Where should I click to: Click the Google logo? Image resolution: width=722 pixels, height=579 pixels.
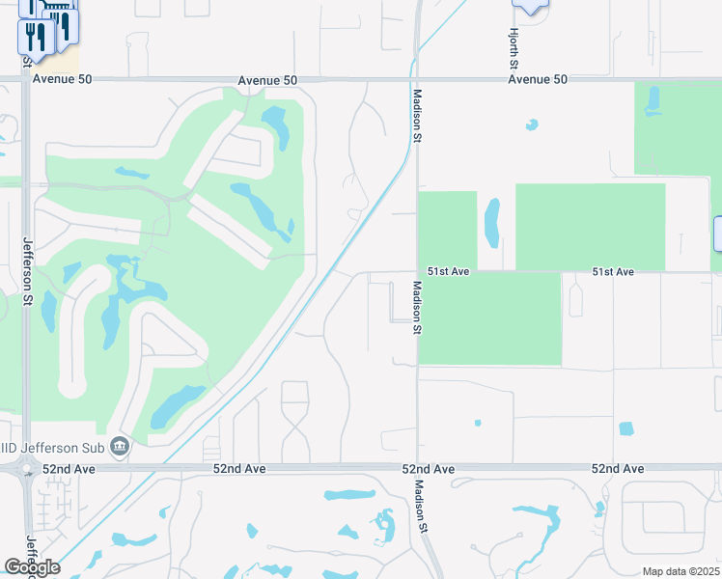pos(31,567)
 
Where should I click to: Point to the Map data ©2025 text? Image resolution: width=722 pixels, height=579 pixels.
pos(680,571)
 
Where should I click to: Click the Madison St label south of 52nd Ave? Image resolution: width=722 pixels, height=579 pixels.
pos(420,507)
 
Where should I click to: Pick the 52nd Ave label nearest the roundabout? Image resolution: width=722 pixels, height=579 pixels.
pos(69,469)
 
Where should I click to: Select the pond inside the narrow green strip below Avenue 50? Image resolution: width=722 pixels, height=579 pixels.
pos(653,99)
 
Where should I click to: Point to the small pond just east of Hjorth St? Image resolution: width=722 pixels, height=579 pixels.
pos(531,124)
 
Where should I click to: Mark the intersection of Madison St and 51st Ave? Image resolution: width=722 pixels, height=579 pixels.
pos(417,272)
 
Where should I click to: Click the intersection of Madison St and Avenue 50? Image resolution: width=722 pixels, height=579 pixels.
pos(415,80)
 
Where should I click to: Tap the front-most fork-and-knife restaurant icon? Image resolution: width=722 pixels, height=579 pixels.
pos(32,38)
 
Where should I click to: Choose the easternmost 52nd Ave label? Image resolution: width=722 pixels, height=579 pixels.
pos(618,469)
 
